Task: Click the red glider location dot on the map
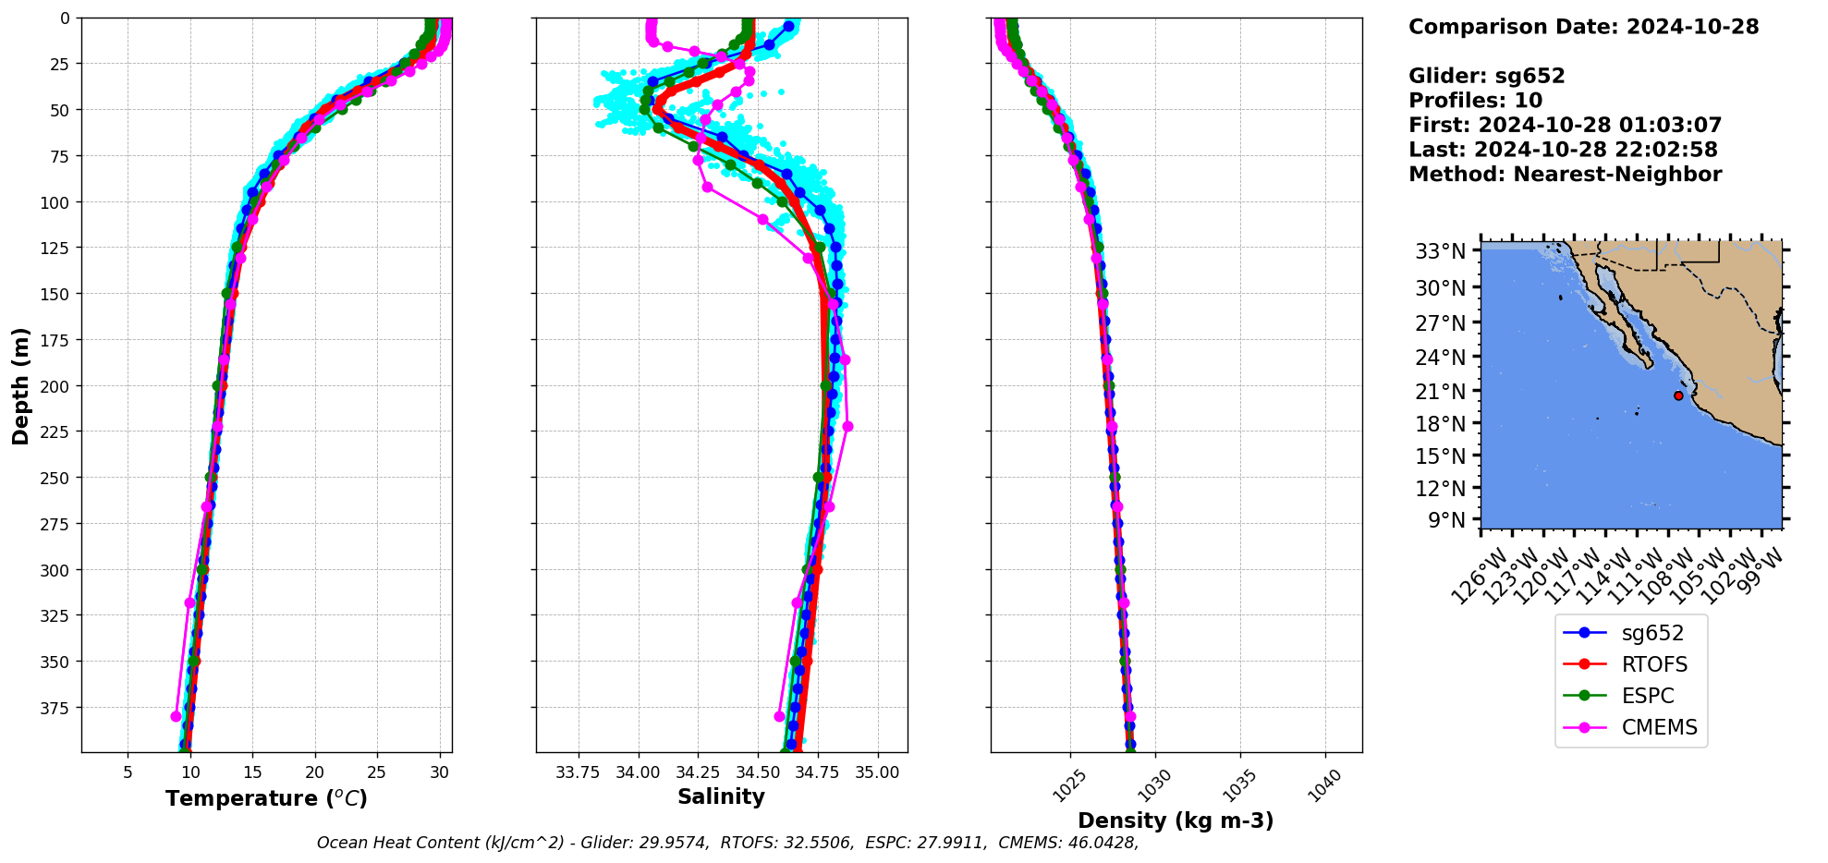click(1678, 395)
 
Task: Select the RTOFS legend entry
click(1653, 664)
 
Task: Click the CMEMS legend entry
click(1659, 727)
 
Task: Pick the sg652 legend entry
click(1652, 633)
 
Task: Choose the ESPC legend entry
click(1648, 696)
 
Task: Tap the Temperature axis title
click(266, 798)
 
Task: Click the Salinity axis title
click(721, 796)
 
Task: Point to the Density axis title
click(1176, 820)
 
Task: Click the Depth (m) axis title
click(20, 385)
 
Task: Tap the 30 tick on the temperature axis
click(440, 772)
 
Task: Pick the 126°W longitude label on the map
click(1475, 577)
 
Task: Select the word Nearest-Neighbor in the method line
click(1617, 175)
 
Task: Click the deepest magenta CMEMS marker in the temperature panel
click(176, 716)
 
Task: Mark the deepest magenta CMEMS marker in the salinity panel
click(779, 716)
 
